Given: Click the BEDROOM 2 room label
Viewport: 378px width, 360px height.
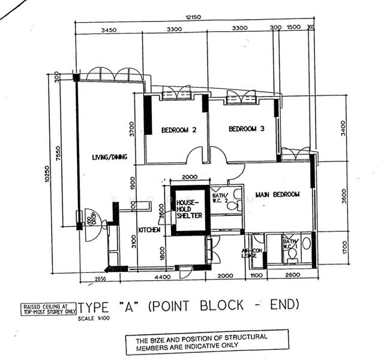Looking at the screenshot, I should tap(178, 130).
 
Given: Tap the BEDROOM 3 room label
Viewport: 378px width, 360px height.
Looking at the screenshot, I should tap(246, 128).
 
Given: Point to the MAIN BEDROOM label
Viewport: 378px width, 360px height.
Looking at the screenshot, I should tap(277, 194).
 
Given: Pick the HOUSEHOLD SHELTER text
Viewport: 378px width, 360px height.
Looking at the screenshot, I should tap(188, 209).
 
